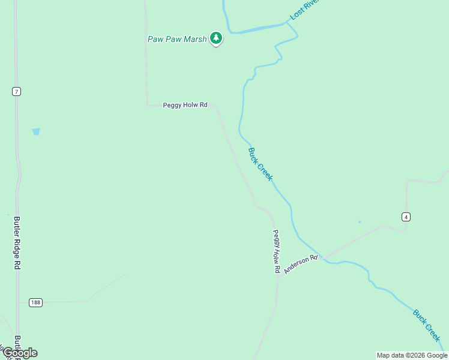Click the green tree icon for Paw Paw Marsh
click(216, 38)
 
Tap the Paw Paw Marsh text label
click(177, 39)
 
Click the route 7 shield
click(16, 91)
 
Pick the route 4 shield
click(406, 217)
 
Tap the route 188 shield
click(36, 302)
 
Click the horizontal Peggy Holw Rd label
click(185, 105)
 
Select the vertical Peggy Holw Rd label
click(277, 251)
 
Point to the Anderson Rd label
click(300, 265)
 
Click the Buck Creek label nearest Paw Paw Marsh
click(261, 164)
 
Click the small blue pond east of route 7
click(36, 131)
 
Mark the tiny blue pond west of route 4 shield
click(360, 222)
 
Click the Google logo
click(20, 353)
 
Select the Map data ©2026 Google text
click(412, 355)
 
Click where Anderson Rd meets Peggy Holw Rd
click(279, 277)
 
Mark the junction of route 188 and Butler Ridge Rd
click(17, 302)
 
